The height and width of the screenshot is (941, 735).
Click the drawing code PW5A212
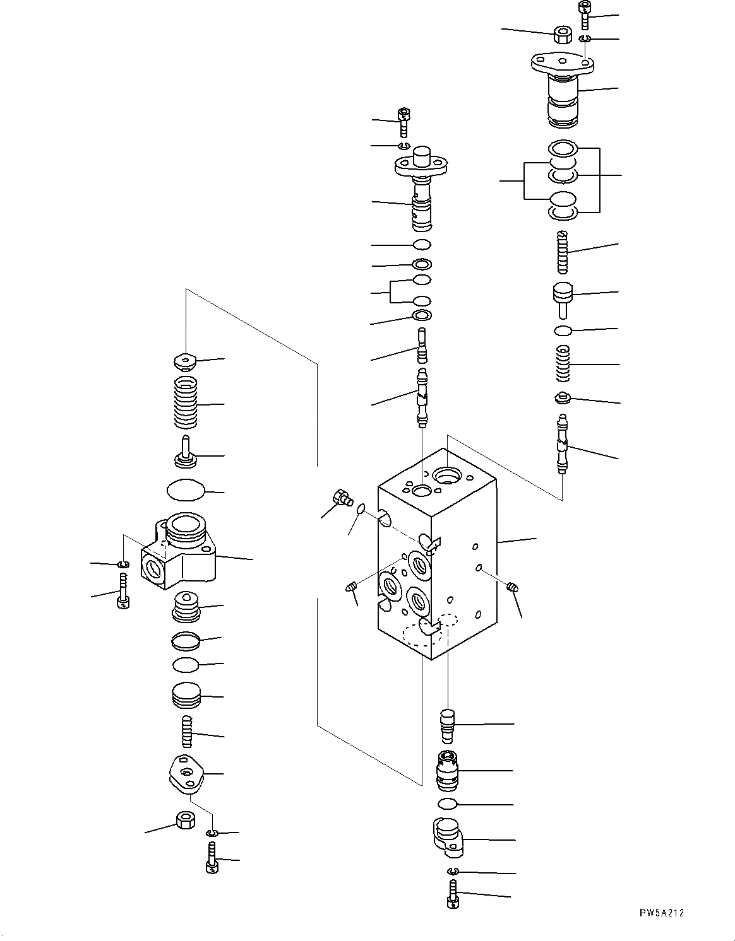tap(660, 913)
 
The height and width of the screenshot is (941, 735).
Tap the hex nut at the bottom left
tap(185, 821)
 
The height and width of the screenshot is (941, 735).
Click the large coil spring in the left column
tap(186, 402)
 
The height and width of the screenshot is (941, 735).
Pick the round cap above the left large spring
tap(185, 361)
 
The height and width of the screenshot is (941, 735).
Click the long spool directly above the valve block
tap(422, 395)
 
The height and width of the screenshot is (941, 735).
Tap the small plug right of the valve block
tap(512, 587)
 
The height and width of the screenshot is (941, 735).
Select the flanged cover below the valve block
tap(449, 837)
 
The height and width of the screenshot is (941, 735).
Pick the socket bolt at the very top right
tap(584, 15)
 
